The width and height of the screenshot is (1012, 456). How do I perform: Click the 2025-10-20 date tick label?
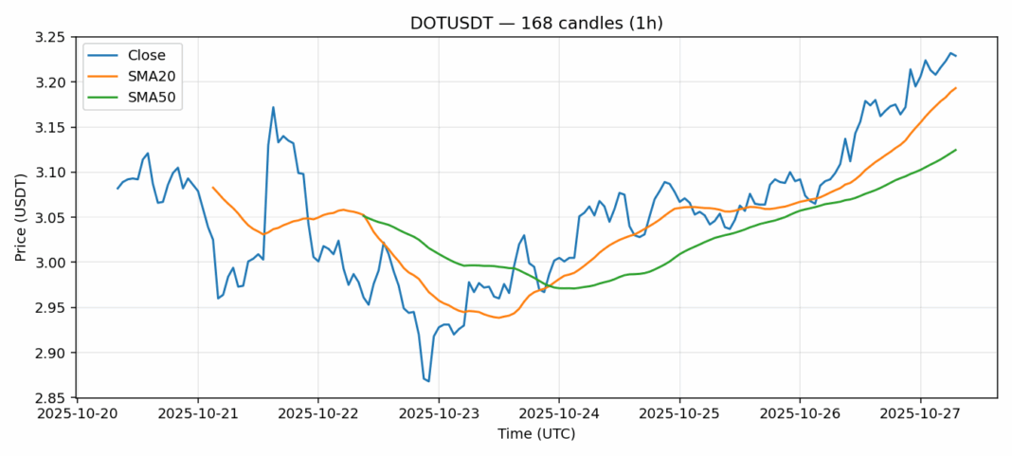[x=78, y=414]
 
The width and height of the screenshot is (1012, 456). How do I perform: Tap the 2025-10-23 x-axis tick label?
[x=439, y=414]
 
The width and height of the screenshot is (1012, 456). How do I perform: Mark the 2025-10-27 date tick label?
[x=920, y=414]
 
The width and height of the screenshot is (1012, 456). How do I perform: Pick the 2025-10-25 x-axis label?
[x=679, y=414]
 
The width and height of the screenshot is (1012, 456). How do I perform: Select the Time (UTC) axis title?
[x=536, y=434]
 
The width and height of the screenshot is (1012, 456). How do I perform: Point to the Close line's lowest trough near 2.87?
[x=428, y=381]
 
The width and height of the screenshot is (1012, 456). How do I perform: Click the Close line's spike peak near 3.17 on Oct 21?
[x=273, y=107]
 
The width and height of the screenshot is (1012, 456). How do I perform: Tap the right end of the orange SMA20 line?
[x=955, y=88]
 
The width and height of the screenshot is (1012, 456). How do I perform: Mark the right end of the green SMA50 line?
[x=955, y=150]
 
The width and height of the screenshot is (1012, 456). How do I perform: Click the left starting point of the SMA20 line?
[x=213, y=188]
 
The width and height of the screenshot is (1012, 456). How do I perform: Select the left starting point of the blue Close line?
[x=117, y=189]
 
